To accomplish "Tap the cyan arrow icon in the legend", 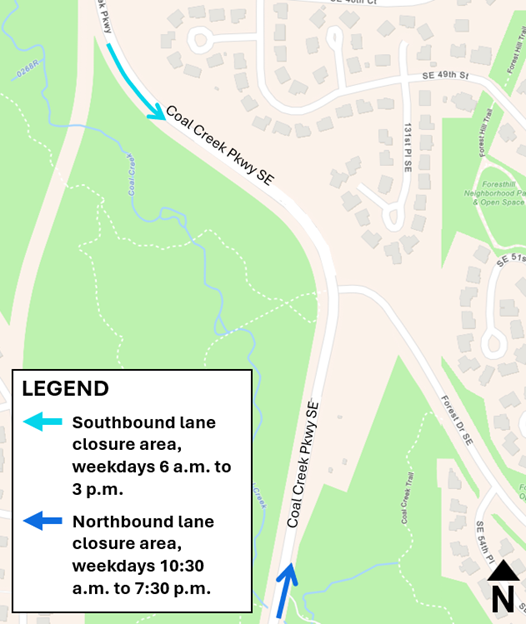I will tap(42, 422).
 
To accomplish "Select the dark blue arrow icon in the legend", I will tap(42, 521).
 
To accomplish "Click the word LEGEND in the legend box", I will tap(65, 389).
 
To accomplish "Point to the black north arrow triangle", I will tap(503, 571).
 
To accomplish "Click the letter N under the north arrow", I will tap(503, 599).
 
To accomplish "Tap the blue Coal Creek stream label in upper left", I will tap(130, 175).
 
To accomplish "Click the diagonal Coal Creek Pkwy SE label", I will tap(219, 145).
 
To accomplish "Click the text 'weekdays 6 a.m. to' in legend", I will tap(143, 466).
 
